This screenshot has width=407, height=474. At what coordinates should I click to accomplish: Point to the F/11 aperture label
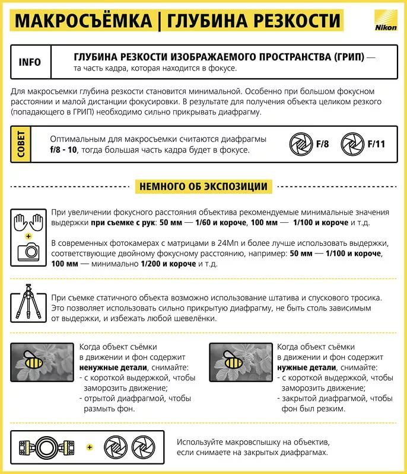[x=376, y=143]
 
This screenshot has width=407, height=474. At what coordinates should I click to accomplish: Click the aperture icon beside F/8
[x=300, y=143]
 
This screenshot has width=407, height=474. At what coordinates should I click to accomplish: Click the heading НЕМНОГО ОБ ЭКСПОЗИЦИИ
[x=203, y=186]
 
